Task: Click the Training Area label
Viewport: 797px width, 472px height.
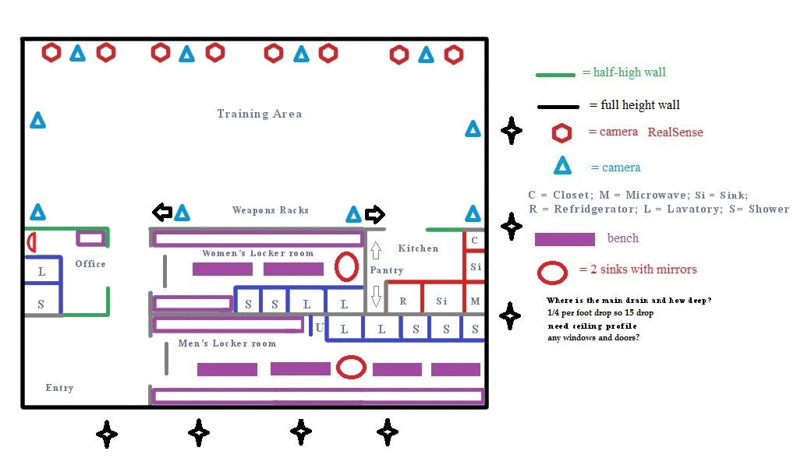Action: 259,114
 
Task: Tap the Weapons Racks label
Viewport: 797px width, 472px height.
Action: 271,210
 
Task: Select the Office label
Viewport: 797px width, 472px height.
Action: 90,264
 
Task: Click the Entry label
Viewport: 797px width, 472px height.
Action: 59,388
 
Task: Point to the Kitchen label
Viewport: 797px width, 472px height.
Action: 418,248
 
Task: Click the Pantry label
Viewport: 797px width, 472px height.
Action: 387,270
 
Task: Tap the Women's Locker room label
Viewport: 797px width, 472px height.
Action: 258,253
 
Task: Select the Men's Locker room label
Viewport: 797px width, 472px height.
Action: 227,343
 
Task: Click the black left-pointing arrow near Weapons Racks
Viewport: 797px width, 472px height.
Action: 161,212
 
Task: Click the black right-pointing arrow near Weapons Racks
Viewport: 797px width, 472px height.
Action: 375,213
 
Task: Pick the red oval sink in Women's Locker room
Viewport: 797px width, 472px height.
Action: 346,266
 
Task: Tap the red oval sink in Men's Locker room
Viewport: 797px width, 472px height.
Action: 352,367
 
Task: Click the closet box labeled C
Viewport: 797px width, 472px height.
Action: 475,241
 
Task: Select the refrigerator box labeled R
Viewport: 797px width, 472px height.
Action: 403,301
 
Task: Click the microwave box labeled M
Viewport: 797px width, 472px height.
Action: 475,301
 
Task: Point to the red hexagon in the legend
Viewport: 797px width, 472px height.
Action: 561,133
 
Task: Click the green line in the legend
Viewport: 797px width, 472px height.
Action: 556,75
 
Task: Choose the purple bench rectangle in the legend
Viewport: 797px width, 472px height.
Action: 565,238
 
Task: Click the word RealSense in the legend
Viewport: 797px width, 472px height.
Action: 675,132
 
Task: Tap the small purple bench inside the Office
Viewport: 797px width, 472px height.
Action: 90,238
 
